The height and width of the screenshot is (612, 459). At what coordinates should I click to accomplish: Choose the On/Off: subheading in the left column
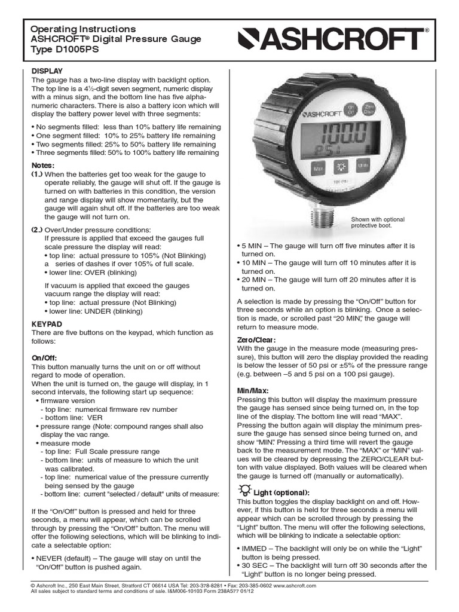pyautogui.click(x=44, y=357)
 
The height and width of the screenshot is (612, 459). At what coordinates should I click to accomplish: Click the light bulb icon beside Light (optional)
pyautogui.click(x=243, y=491)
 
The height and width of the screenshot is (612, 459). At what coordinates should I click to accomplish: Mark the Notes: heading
pyautogui.click(x=42, y=164)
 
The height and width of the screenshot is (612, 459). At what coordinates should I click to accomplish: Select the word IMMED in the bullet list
pyautogui.click(x=255, y=549)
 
